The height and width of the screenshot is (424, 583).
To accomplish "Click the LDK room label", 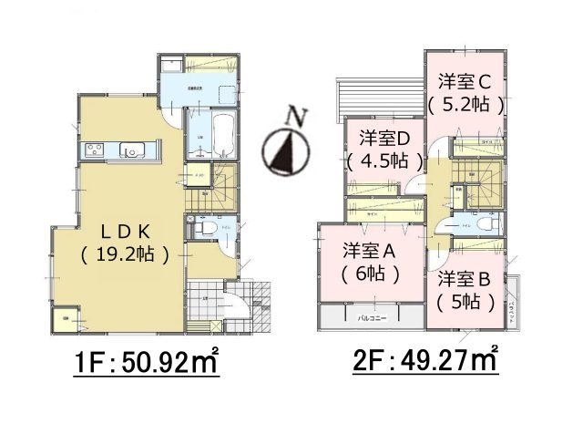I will (123, 231).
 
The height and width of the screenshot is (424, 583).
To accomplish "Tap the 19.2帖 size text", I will (124, 254).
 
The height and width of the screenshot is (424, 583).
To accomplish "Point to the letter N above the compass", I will (292, 116).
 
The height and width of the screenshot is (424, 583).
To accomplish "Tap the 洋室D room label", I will (384, 138).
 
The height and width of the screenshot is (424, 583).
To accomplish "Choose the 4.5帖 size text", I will (384, 161).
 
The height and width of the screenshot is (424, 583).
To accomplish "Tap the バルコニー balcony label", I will (370, 318).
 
